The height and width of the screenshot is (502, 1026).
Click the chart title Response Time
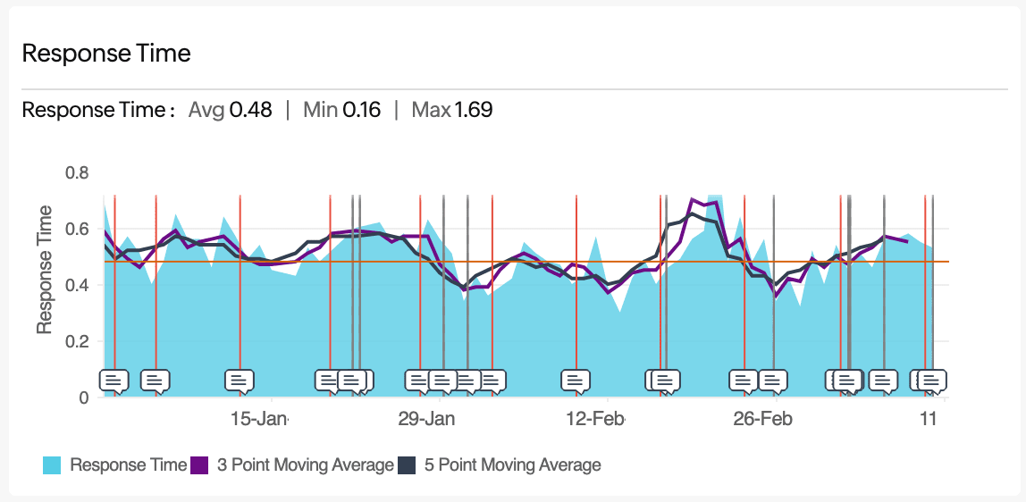tap(106, 53)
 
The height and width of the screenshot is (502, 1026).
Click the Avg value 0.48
tap(251, 110)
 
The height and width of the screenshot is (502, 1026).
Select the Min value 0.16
tap(361, 110)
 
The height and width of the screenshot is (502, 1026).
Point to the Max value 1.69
tap(474, 110)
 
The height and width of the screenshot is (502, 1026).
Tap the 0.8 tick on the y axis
tap(78, 172)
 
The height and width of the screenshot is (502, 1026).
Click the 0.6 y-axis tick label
tap(78, 229)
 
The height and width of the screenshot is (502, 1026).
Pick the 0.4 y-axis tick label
tap(78, 285)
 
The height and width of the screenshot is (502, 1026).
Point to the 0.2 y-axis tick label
tap(78, 341)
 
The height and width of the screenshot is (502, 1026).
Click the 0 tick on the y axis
tap(84, 397)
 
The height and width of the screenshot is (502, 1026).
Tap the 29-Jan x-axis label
tap(426, 419)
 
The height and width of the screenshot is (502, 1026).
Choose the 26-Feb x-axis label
tap(762, 419)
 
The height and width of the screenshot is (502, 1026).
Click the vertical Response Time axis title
tap(45, 270)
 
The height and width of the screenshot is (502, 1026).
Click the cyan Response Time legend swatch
tap(52, 464)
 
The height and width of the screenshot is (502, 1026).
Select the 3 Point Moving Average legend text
tap(305, 464)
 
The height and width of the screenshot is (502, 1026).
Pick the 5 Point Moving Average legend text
tap(511, 464)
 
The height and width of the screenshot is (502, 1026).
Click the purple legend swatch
tap(200, 464)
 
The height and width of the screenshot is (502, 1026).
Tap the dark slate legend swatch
tap(407, 464)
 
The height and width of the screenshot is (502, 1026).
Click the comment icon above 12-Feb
tap(576, 381)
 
